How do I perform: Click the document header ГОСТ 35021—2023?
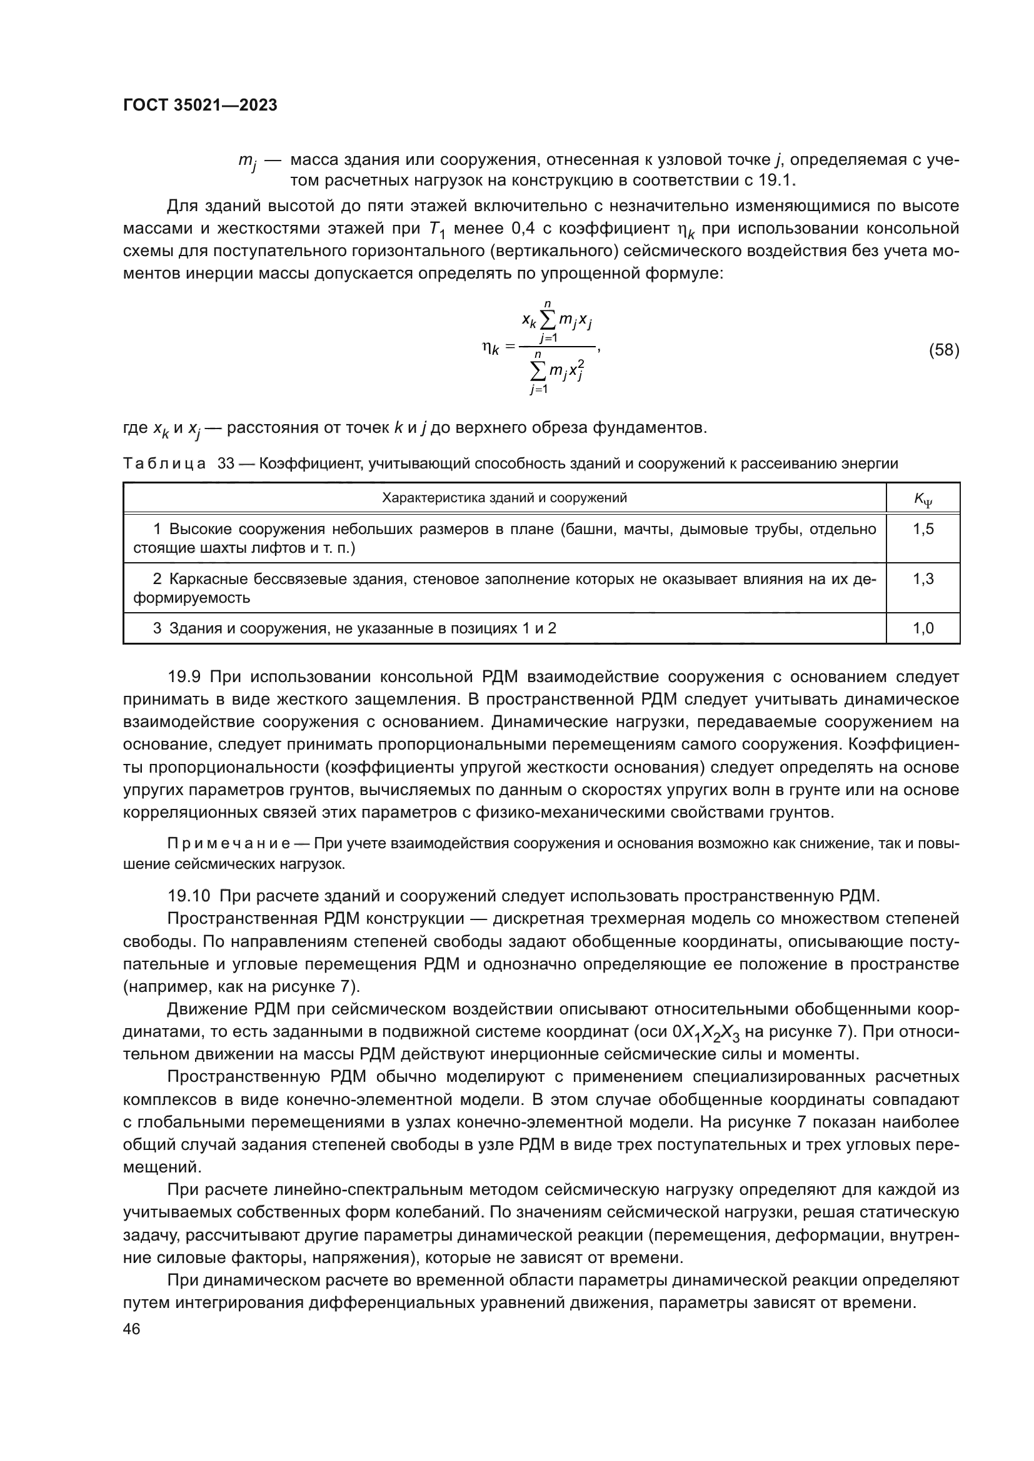point(200,106)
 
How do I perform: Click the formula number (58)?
point(943,350)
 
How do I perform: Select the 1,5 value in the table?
point(923,530)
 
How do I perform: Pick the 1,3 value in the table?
point(923,579)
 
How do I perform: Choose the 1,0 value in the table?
point(923,629)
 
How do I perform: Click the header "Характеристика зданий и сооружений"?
point(504,498)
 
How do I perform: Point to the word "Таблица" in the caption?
point(164,464)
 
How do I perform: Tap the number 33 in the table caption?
point(226,464)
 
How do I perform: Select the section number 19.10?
point(188,896)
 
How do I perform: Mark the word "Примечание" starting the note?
point(229,844)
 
